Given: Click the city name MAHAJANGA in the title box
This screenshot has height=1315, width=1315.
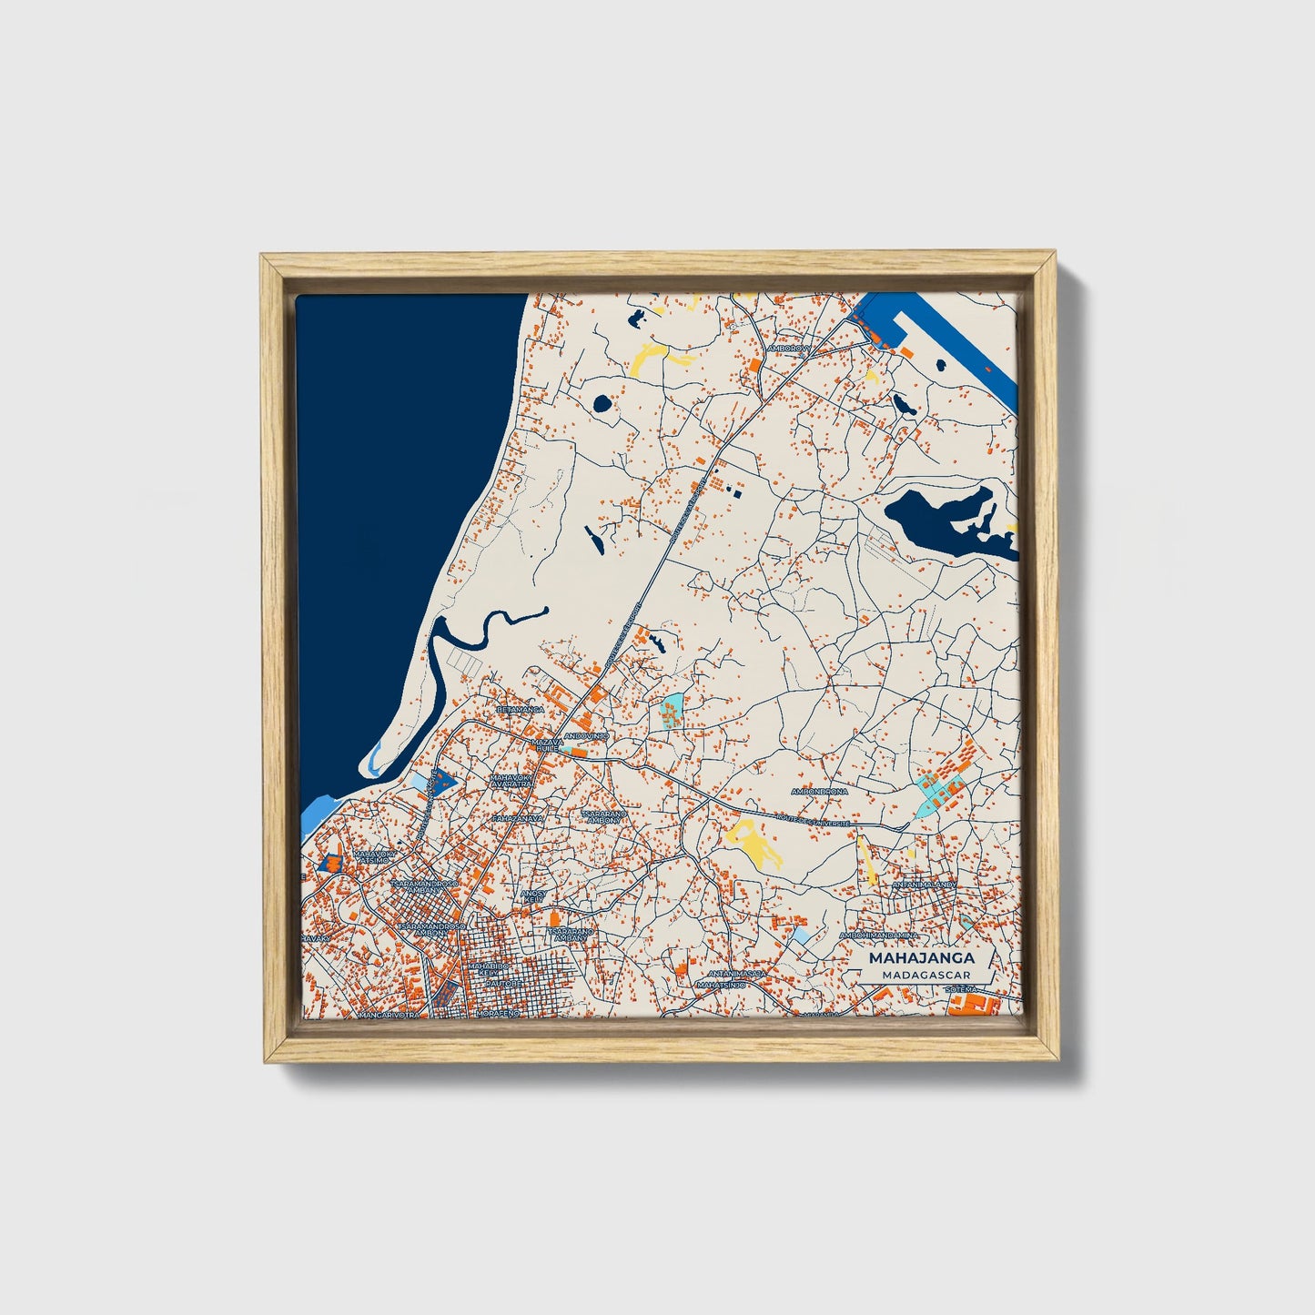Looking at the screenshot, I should pos(921,957).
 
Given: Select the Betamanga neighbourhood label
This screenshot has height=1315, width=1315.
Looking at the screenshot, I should pos(521,709).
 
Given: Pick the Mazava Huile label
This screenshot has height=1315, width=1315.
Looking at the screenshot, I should pos(547,745).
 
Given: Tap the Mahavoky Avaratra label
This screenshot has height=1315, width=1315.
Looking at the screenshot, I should pos(511,782).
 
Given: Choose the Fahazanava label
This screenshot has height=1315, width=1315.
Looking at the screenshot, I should pos(517,818).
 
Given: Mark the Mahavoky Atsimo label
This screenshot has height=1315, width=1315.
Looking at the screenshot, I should pos(376,856).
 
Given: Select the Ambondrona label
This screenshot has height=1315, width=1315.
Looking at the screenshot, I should pos(819,792).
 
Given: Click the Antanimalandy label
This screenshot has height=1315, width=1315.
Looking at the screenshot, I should pos(924,884).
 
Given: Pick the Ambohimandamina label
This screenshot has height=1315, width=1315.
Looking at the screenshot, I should pos(879,935).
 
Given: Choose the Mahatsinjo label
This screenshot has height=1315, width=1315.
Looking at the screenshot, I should pos(722,985).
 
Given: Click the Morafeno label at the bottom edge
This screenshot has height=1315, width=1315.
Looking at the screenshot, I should pos(498,1013).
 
